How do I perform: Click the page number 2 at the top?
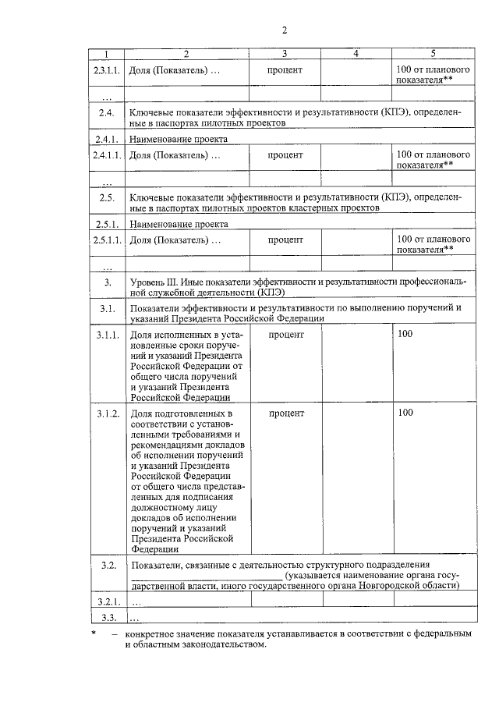click(x=285, y=30)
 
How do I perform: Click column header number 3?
click(x=285, y=54)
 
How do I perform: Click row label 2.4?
click(x=107, y=112)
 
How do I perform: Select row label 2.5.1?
click(x=107, y=224)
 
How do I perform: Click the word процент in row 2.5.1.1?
click(x=285, y=239)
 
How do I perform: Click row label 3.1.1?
click(x=107, y=335)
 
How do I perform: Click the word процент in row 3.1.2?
click(x=285, y=412)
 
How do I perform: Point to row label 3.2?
click(x=108, y=565)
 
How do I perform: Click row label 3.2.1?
click(x=107, y=601)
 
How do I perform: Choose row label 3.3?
click(x=108, y=618)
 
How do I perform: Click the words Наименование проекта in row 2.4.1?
click(x=178, y=140)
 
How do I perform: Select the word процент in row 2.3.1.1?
click(x=285, y=70)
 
